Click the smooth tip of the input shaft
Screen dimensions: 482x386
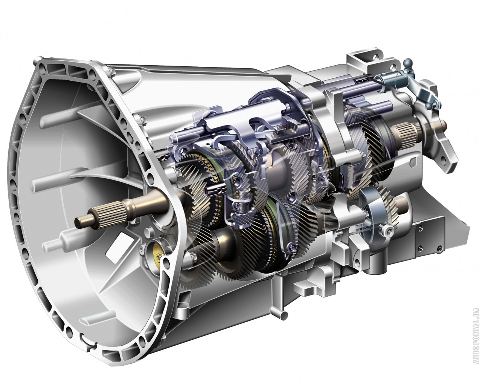pyautogui.click(x=82, y=221)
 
